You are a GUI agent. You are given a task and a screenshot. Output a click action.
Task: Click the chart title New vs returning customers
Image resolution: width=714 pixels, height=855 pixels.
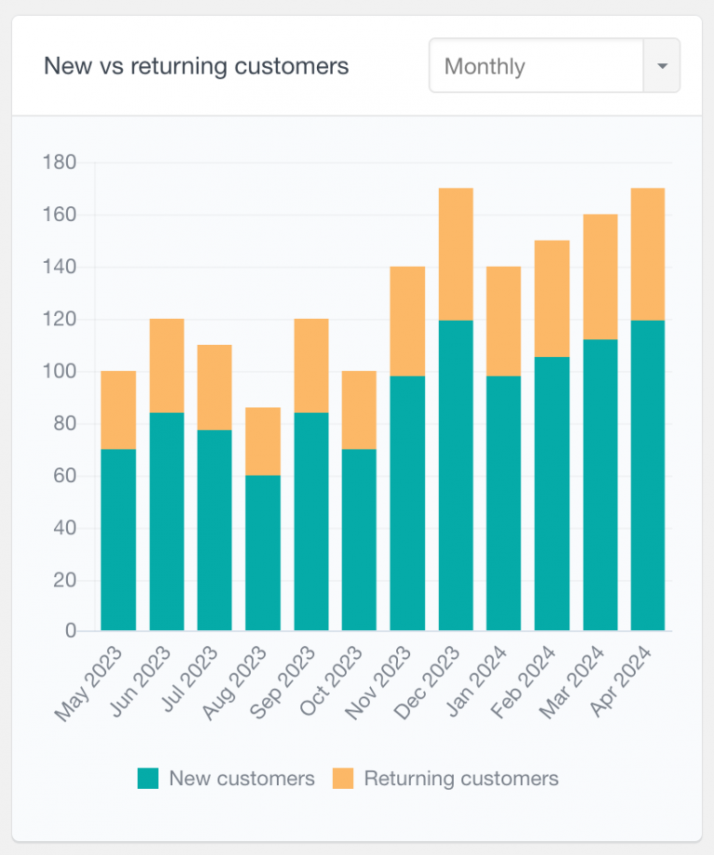(196, 66)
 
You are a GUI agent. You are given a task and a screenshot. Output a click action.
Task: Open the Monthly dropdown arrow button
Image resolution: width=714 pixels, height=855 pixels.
(661, 66)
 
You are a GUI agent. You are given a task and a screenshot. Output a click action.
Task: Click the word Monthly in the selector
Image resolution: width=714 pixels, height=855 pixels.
(484, 67)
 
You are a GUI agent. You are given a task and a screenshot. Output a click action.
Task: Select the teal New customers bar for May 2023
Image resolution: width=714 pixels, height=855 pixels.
(118, 539)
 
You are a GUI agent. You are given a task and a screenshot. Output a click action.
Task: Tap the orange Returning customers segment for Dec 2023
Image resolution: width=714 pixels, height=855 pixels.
(456, 254)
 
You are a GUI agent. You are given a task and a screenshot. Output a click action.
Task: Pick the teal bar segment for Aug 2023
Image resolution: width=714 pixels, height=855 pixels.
(263, 553)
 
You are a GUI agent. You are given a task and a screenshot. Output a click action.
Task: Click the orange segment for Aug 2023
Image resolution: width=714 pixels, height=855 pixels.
(263, 441)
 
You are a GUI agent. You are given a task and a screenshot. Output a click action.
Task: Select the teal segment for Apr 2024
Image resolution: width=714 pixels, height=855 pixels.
(648, 475)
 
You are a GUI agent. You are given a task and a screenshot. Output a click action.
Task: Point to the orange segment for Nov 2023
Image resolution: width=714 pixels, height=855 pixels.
(407, 321)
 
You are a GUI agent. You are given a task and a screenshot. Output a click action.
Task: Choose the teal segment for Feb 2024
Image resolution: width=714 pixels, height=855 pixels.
(551, 493)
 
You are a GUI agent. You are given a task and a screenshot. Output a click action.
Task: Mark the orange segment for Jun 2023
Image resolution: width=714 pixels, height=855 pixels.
(166, 365)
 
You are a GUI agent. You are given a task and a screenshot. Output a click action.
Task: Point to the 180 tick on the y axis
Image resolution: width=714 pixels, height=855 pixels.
(59, 163)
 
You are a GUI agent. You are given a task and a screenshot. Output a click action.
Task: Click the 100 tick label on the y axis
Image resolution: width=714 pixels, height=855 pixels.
(59, 372)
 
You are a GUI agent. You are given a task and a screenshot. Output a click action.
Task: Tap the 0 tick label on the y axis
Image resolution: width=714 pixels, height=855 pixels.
(71, 631)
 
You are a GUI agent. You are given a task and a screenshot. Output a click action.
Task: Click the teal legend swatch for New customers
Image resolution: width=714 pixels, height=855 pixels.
(148, 779)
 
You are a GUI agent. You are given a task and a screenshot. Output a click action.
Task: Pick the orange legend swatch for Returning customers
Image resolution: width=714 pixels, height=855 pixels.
(343, 779)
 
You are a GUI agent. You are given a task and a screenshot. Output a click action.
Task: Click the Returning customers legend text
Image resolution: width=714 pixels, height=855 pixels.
(461, 779)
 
